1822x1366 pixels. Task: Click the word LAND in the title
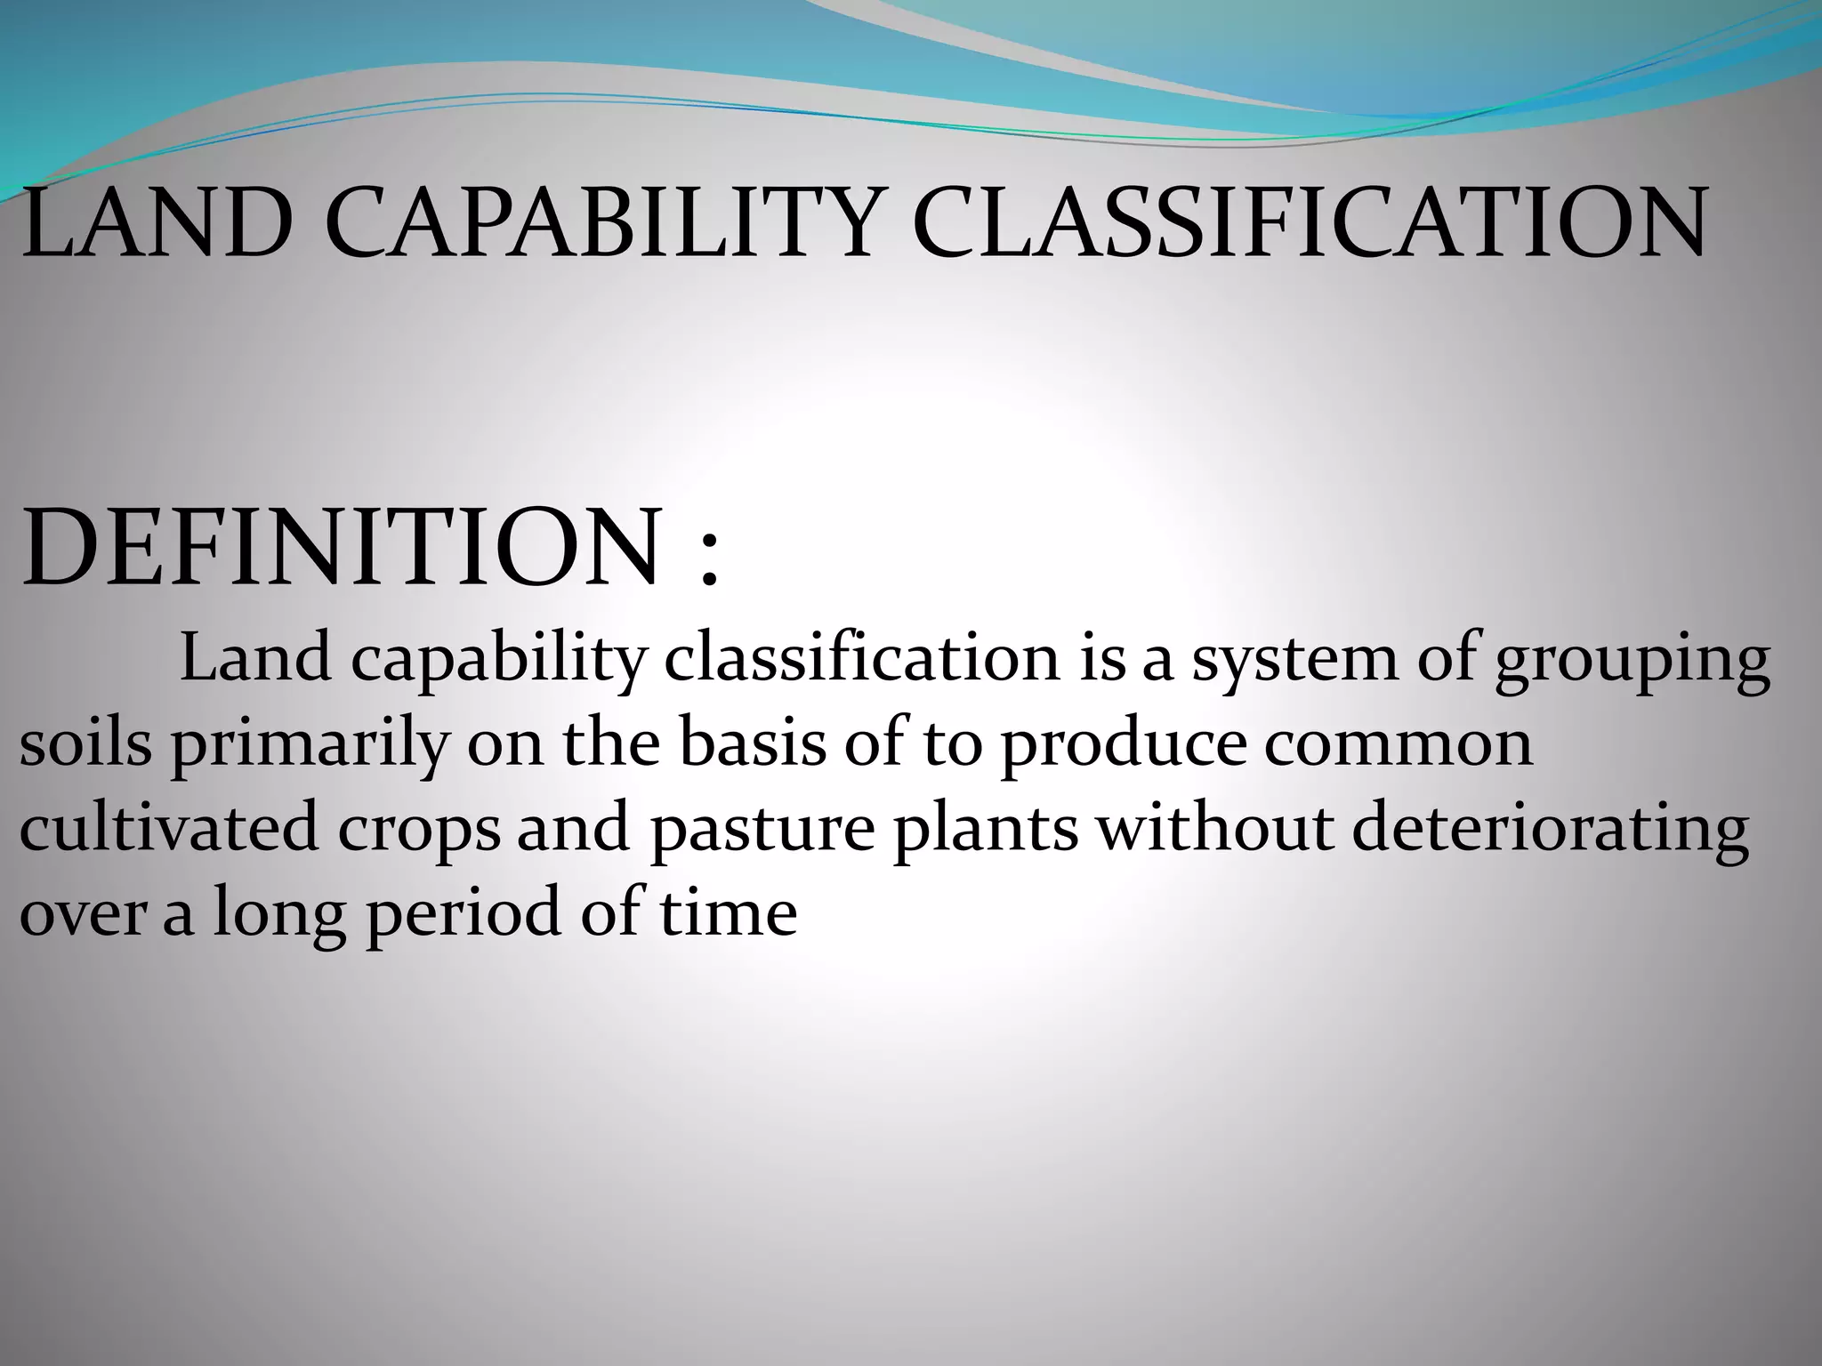[157, 221]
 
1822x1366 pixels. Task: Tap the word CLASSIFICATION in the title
[1308, 221]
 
